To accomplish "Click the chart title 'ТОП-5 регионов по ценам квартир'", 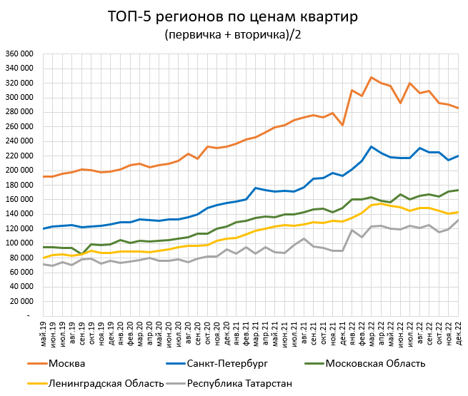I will click(x=234, y=17).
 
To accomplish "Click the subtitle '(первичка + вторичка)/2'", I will click(x=234, y=34).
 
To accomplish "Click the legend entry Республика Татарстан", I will click(x=239, y=383).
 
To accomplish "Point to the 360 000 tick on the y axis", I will click(x=20, y=54).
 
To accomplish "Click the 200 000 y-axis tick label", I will click(x=20, y=170).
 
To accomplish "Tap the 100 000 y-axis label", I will click(x=20, y=243).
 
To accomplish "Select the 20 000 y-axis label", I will click(x=22, y=300).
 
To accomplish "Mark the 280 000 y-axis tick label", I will click(x=20, y=112).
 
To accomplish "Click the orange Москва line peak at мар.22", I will click(x=372, y=77).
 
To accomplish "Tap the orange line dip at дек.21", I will click(x=343, y=125).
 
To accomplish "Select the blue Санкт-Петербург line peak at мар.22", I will click(x=372, y=146).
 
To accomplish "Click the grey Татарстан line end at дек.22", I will click(x=457, y=220).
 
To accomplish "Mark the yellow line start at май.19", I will click(x=44, y=258).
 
